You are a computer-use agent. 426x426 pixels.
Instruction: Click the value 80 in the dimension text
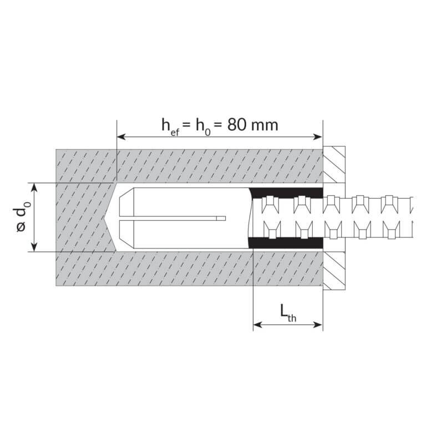click(x=236, y=125)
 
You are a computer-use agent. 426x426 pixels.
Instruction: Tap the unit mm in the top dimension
click(x=265, y=126)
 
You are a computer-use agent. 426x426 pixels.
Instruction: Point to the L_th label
click(x=288, y=313)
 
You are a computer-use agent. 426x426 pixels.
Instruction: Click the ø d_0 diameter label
click(x=22, y=216)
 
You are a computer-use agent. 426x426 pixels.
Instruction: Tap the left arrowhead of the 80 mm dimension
click(x=121, y=136)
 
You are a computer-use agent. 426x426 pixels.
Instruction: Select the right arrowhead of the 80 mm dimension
click(x=318, y=136)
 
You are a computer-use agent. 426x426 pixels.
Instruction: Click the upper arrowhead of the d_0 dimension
click(x=34, y=187)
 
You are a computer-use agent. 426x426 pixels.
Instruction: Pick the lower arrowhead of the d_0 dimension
click(x=34, y=247)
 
